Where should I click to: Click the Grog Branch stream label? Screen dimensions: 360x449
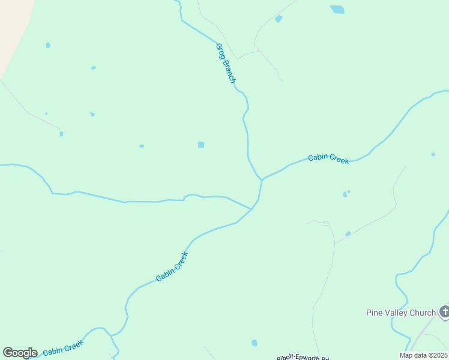point(226,63)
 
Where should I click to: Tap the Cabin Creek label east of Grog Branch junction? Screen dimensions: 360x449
point(328,159)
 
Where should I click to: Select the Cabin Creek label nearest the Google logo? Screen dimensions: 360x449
point(62,347)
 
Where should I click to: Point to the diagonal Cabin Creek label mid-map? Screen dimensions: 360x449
point(172,266)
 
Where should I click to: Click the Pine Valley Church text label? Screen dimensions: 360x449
point(400,313)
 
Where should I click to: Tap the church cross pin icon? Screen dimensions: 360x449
point(444,311)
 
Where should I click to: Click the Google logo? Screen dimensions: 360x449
point(20,353)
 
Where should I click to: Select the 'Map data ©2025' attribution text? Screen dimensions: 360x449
point(424,355)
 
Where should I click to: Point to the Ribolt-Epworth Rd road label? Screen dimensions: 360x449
point(303,358)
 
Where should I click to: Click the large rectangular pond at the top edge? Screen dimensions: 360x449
point(337,10)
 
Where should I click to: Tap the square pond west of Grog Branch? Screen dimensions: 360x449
point(201,145)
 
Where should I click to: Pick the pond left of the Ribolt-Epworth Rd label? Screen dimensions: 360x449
point(255,343)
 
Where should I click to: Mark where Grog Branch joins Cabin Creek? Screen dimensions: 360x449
point(262,179)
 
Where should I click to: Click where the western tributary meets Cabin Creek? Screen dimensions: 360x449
point(251,209)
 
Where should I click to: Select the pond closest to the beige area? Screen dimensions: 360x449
point(47,45)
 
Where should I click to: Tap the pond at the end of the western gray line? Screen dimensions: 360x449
point(61,134)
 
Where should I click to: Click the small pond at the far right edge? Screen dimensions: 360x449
point(433,154)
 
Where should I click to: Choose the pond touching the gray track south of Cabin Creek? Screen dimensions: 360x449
point(348,233)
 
